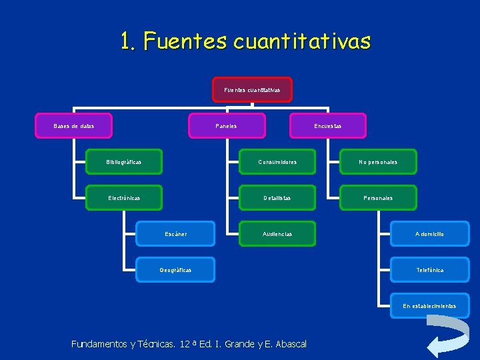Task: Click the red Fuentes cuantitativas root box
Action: point(252,89)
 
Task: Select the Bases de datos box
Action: point(74,126)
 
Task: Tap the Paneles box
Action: point(227,126)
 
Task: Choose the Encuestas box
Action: point(328,126)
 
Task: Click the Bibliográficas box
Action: point(124,162)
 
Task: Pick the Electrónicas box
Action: point(124,198)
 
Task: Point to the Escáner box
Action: point(176,234)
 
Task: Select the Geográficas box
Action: point(176,270)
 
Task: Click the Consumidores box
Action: point(277,162)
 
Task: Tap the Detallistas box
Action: point(277,198)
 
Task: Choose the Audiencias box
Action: point(277,234)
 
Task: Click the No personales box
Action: point(378,162)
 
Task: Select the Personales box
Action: point(378,198)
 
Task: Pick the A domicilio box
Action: point(429,234)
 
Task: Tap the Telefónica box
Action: point(429,270)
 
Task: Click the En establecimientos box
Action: point(429,306)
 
